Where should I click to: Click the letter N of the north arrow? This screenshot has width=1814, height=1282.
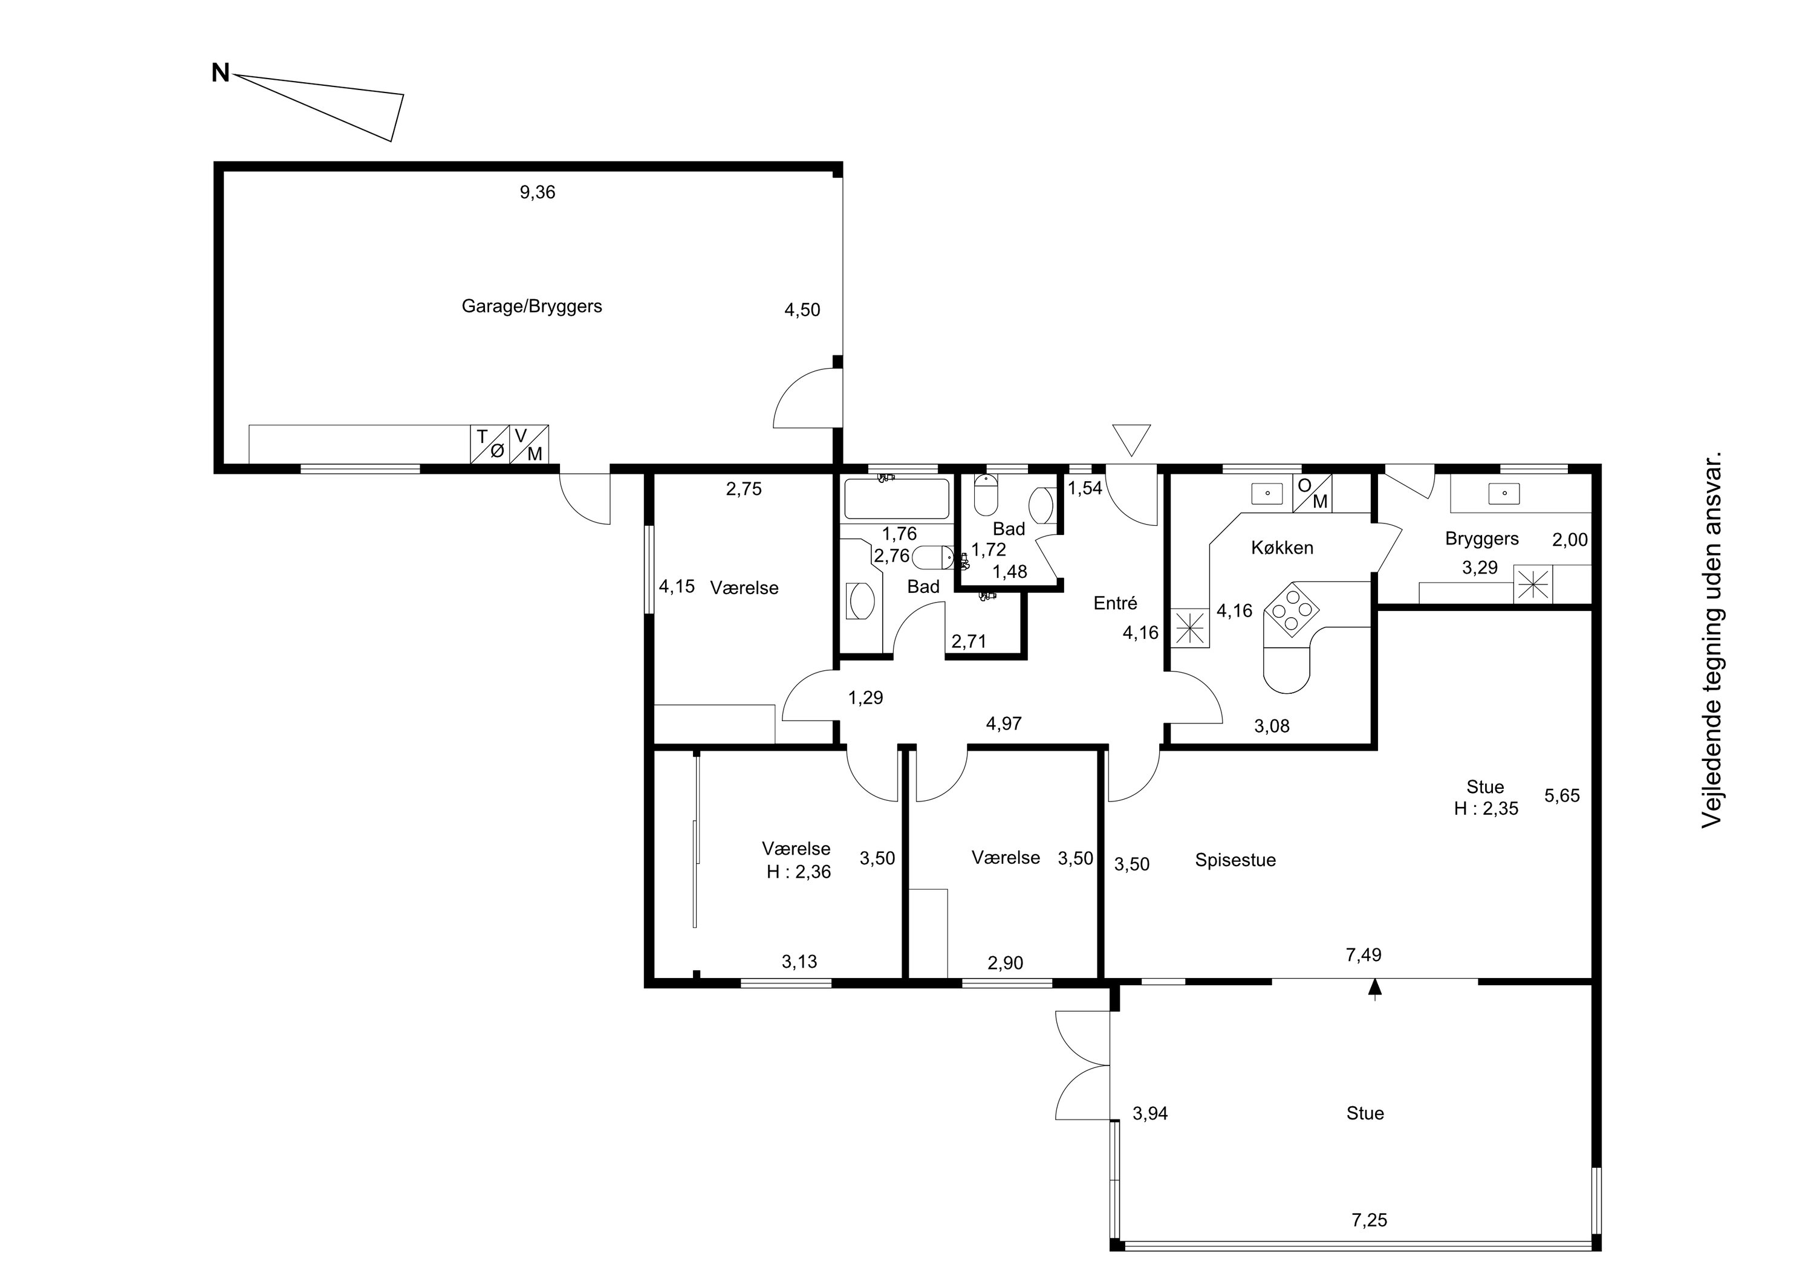click(221, 74)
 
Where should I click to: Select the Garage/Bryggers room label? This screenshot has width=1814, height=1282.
click(532, 306)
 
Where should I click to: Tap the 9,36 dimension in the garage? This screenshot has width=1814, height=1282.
click(538, 192)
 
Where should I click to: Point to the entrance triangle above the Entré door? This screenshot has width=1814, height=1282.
click(1131, 439)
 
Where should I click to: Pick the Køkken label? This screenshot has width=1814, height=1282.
click(1282, 548)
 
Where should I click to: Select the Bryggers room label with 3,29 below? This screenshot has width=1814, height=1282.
click(1482, 539)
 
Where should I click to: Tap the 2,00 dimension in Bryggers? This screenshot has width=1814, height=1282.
click(1570, 540)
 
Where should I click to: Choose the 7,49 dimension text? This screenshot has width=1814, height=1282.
click(1364, 955)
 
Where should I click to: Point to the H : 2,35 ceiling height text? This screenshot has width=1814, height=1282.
click(1486, 808)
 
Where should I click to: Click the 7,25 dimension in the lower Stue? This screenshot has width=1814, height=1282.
click(1369, 1220)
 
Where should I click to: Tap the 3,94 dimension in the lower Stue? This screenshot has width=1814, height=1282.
click(1150, 1114)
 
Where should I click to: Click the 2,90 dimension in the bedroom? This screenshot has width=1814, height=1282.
click(1005, 963)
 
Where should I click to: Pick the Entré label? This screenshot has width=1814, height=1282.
click(1116, 603)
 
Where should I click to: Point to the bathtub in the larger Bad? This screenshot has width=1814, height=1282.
click(897, 499)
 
